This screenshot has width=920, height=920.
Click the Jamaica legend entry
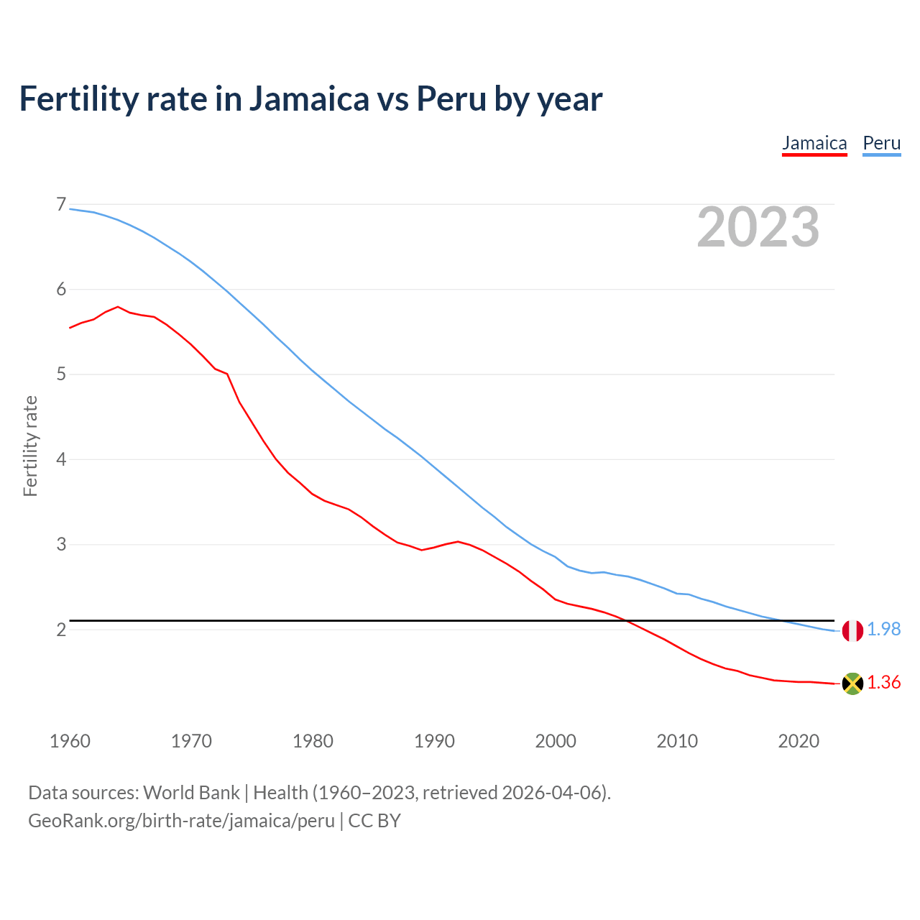[x=814, y=143]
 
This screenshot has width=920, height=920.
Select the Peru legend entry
[x=881, y=143]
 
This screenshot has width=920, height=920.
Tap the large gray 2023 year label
[x=758, y=227]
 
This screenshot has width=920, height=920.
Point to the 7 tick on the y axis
[x=61, y=205]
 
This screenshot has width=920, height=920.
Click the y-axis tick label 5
[x=61, y=374]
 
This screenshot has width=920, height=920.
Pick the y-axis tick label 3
[x=61, y=545]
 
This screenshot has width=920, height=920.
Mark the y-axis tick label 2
[x=61, y=630]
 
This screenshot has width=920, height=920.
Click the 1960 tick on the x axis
[x=70, y=741]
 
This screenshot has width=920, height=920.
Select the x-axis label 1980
[x=313, y=741]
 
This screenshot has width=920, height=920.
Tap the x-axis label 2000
[x=556, y=741]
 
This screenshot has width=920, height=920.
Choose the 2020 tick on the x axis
[x=799, y=741]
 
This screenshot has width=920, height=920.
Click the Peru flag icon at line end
[x=852, y=630]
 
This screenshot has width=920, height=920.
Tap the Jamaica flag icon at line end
[x=852, y=684]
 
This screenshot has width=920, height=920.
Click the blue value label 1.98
[x=883, y=630]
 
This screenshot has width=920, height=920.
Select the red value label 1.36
[x=883, y=683]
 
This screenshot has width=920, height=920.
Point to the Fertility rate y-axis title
[x=30, y=446]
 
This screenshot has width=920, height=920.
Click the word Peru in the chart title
[x=451, y=99]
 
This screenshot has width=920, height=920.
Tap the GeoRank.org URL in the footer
[x=181, y=821]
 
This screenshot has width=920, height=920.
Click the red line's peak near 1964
[x=118, y=307]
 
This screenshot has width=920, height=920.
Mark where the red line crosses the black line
[x=626, y=620]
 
